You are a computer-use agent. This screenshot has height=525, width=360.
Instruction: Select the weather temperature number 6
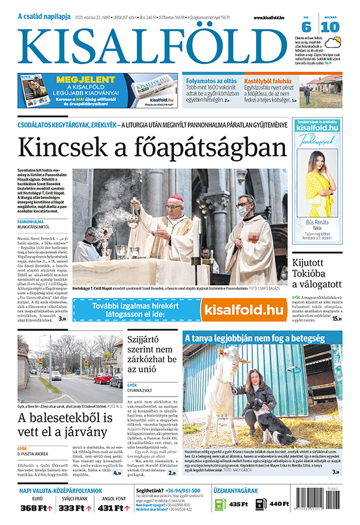pos(306,27)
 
